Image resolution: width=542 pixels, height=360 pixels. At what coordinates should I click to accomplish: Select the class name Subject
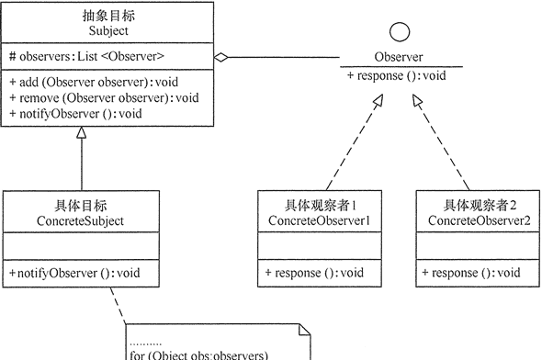click(108, 29)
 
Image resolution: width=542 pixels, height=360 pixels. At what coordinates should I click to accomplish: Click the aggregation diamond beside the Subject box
click(221, 58)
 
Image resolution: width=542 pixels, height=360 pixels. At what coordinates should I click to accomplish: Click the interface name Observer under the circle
click(399, 57)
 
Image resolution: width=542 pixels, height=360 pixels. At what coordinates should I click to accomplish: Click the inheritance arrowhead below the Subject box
click(107, 134)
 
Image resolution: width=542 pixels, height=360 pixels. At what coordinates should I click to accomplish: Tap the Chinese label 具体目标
click(70, 206)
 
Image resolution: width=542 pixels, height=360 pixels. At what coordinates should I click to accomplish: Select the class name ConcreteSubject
click(70, 221)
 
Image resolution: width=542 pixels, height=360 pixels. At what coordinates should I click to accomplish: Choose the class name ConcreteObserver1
click(318, 221)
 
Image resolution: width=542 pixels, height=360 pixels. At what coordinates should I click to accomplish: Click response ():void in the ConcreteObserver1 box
click(314, 273)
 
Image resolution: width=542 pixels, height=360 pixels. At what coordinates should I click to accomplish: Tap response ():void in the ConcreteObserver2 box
click(471, 273)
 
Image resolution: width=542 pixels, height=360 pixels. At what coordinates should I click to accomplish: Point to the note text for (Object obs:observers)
click(198, 354)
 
